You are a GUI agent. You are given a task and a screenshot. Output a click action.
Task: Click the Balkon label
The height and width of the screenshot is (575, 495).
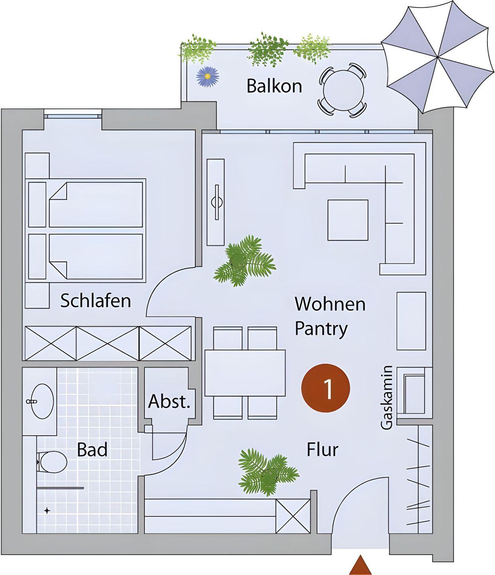[x=274, y=86]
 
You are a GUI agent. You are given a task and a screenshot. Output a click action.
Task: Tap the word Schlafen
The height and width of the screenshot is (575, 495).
[x=96, y=301]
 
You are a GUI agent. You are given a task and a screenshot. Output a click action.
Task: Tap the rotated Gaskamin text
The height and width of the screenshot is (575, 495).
[x=387, y=398]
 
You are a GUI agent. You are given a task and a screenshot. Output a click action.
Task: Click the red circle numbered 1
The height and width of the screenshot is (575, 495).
[x=326, y=388]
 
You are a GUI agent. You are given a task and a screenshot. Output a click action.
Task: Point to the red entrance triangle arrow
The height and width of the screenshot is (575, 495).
[x=360, y=565]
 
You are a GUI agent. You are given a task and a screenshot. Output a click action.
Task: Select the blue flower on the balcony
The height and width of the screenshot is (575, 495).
[x=207, y=77]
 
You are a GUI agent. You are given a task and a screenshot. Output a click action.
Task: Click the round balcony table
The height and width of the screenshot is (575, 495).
[x=343, y=90]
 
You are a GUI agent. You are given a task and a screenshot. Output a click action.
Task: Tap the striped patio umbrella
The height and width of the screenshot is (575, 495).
[x=438, y=57]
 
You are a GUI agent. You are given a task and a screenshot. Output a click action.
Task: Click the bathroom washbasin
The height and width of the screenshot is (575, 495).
[x=42, y=401]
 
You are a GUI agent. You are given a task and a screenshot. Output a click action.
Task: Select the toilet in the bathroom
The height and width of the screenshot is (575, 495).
[x=52, y=462]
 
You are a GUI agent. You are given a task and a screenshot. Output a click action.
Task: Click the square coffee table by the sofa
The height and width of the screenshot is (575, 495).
[x=348, y=220]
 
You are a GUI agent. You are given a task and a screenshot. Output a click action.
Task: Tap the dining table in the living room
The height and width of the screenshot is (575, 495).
[x=245, y=373]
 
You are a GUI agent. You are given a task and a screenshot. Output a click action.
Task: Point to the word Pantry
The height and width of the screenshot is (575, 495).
[x=321, y=329]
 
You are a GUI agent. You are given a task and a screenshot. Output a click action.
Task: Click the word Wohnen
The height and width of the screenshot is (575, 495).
[x=330, y=304]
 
